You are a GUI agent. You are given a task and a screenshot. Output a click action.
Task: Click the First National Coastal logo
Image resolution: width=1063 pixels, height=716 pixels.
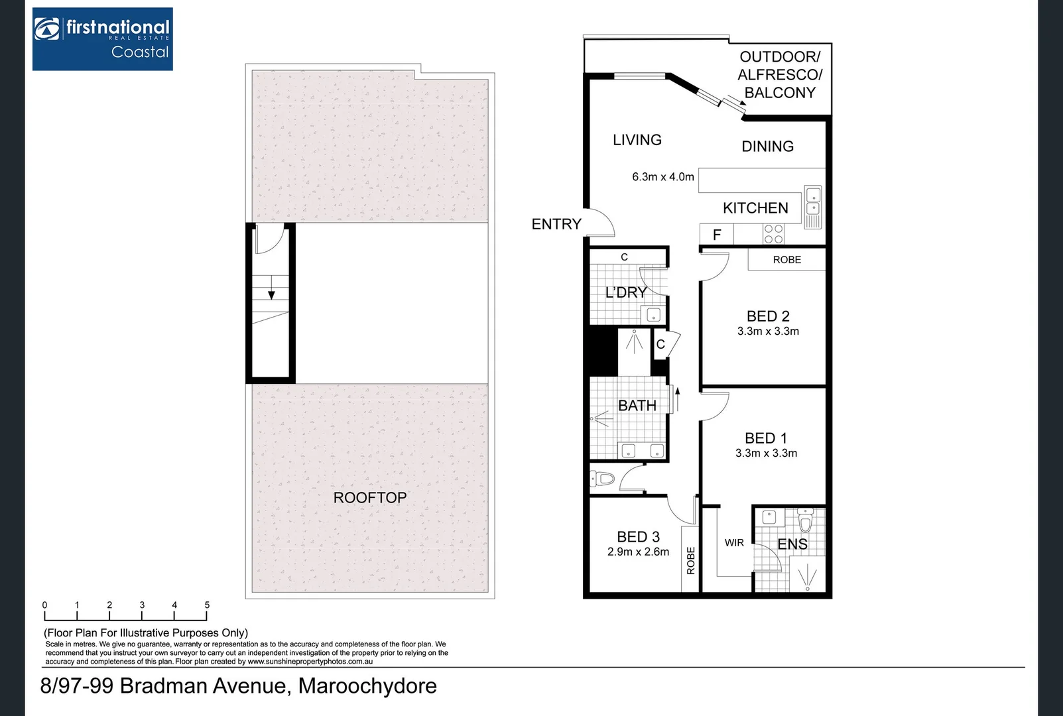click(103, 39)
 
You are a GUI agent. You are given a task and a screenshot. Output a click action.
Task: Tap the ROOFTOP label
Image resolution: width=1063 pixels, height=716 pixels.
click(369, 497)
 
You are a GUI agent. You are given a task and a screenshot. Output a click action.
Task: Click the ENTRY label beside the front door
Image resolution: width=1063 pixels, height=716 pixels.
click(556, 224)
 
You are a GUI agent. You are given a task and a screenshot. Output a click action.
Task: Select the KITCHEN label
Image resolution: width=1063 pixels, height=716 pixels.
click(755, 208)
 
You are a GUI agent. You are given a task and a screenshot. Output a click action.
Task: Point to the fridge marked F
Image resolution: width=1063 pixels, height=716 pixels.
click(716, 235)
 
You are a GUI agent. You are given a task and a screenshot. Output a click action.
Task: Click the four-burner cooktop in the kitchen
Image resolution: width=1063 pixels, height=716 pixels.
click(773, 234)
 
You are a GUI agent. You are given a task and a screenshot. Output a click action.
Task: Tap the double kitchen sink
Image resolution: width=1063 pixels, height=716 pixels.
click(813, 202)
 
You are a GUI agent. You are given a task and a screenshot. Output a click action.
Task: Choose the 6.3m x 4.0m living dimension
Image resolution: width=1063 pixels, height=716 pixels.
click(662, 177)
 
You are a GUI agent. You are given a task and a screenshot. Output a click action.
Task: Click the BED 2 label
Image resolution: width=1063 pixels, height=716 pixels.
click(768, 316)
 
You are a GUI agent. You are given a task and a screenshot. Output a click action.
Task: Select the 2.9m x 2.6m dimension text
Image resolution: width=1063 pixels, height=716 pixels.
click(638, 552)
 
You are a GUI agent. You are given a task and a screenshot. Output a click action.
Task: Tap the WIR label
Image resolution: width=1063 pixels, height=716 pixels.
click(734, 543)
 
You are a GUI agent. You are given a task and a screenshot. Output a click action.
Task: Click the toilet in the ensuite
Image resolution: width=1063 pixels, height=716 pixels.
click(805, 522)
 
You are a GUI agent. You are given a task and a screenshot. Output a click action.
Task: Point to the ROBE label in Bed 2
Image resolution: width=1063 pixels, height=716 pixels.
click(786, 260)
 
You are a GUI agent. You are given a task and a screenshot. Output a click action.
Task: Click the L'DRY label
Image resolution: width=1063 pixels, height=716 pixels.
click(626, 292)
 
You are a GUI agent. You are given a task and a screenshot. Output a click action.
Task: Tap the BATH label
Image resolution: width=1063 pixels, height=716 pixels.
click(637, 405)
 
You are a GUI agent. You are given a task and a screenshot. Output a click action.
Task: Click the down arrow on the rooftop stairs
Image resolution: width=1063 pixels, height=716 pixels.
click(271, 294)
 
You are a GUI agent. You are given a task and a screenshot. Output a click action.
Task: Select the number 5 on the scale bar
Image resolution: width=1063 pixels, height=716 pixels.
click(207, 605)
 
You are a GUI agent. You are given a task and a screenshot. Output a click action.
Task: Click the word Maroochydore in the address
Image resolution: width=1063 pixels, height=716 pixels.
click(367, 686)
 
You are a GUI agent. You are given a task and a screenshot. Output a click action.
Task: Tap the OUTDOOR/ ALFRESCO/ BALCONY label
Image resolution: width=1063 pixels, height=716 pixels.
click(780, 75)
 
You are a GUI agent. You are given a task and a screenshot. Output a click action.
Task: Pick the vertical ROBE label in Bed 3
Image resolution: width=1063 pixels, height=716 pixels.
click(690, 560)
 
